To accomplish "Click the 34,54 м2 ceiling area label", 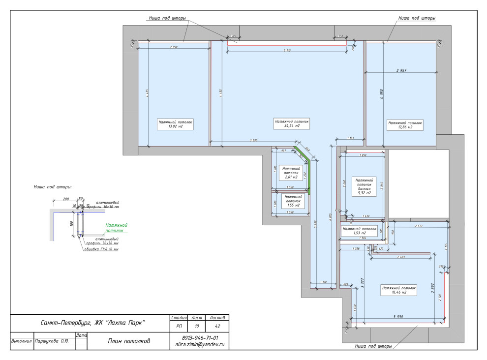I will click(x=292, y=123).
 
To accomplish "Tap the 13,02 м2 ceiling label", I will click(x=175, y=123).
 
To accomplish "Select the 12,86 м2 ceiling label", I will click(x=405, y=124).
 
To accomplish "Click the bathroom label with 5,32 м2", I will click(x=365, y=187).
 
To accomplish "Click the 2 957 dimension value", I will click(x=401, y=70).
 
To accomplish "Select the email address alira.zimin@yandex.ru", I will click(x=200, y=345).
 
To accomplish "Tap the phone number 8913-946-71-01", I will click(x=200, y=338).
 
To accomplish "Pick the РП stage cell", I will click(x=178, y=326).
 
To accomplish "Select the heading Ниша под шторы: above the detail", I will click(x=53, y=187).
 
